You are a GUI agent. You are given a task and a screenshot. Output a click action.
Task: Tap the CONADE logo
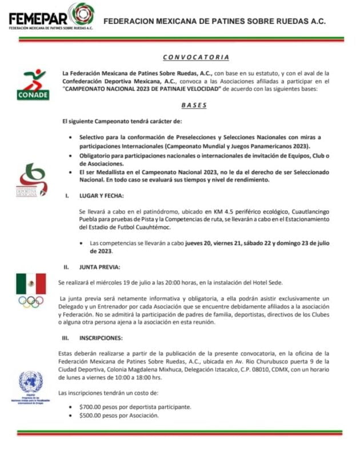tap(33, 85)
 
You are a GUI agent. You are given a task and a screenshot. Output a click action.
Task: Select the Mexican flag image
tap(31, 283)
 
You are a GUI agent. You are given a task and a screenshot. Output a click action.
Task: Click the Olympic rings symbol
tap(31, 302)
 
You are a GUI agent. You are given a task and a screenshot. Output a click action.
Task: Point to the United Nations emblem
tap(31, 382)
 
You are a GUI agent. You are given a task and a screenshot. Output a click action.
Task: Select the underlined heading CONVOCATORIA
tap(196, 57)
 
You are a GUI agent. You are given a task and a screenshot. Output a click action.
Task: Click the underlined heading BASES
tap(194, 106)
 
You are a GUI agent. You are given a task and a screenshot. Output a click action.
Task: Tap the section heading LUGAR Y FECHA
tap(101, 195)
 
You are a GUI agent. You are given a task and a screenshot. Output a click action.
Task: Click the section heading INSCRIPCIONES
tap(101, 338)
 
